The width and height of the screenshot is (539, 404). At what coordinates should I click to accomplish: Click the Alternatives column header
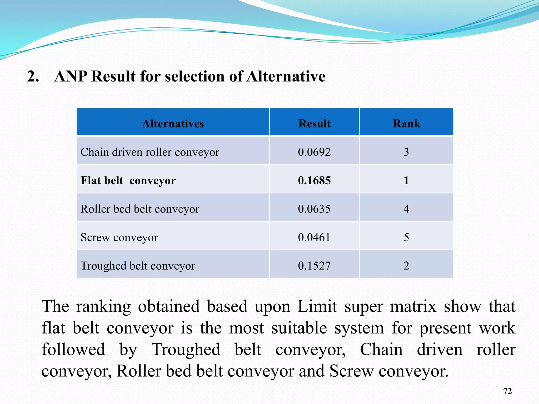click(x=173, y=124)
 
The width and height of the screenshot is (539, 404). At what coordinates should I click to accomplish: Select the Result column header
click(x=314, y=124)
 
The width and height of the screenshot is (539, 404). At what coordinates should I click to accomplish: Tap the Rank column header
click(x=406, y=124)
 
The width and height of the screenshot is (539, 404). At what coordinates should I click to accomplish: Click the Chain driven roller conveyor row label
click(x=150, y=152)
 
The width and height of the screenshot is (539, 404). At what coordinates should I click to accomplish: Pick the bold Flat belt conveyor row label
click(x=128, y=181)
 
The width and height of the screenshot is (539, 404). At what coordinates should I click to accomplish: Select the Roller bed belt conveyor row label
click(x=140, y=209)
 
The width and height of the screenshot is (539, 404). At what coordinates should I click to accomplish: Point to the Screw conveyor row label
click(x=119, y=238)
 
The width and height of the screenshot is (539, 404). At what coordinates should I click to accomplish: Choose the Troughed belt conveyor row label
click(x=138, y=266)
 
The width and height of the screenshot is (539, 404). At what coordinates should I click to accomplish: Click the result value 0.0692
click(x=314, y=152)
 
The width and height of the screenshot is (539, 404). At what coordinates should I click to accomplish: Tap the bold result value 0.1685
click(x=314, y=181)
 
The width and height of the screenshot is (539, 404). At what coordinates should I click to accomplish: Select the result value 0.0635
click(x=314, y=209)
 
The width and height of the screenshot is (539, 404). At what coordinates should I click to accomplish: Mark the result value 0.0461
click(x=314, y=238)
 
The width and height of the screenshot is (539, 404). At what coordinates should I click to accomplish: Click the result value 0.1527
click(x=314, y=266)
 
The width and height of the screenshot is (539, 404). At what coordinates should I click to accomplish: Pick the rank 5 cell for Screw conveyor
click(x=406, y=238)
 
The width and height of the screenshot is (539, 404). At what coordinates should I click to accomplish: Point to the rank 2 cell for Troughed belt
click(x=406, y=266)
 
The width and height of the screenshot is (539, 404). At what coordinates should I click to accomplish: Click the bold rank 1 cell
click(x=406, y=181)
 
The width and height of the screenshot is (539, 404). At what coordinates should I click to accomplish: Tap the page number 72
click(x=507, y=391)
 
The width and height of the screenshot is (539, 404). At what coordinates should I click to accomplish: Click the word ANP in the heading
click(x=71, y=77)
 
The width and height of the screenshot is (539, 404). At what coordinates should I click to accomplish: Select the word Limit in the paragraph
click(x=317, y=307)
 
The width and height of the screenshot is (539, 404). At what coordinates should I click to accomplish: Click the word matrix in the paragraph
click(x=413, y=307)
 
